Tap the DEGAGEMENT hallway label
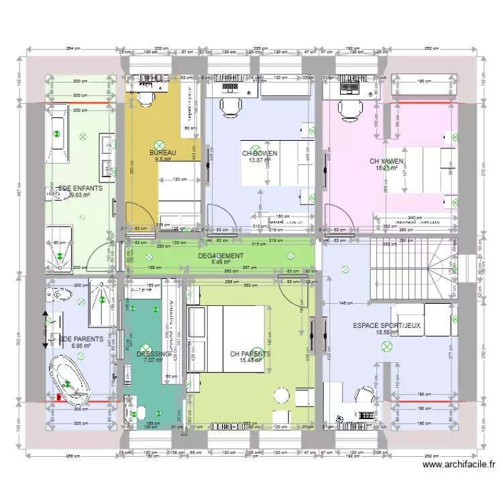pyautogui.click(x=221, y=256)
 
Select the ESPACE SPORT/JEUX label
pyautogui.click(x=387, y=326)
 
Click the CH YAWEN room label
pyautogui.click(x=387, y=162)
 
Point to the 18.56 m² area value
pyautogui.click(x=386, y=333)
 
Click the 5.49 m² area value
pyautogui.click(x=221, y=262)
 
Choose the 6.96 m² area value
pyautogui.click(x=80, y=346)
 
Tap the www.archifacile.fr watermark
pyautogui.click(x=459, y=464)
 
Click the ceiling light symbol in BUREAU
pyautogui.click(x=160, y=144)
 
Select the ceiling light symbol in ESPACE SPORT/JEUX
pyautogui.click(x=387, y=346)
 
